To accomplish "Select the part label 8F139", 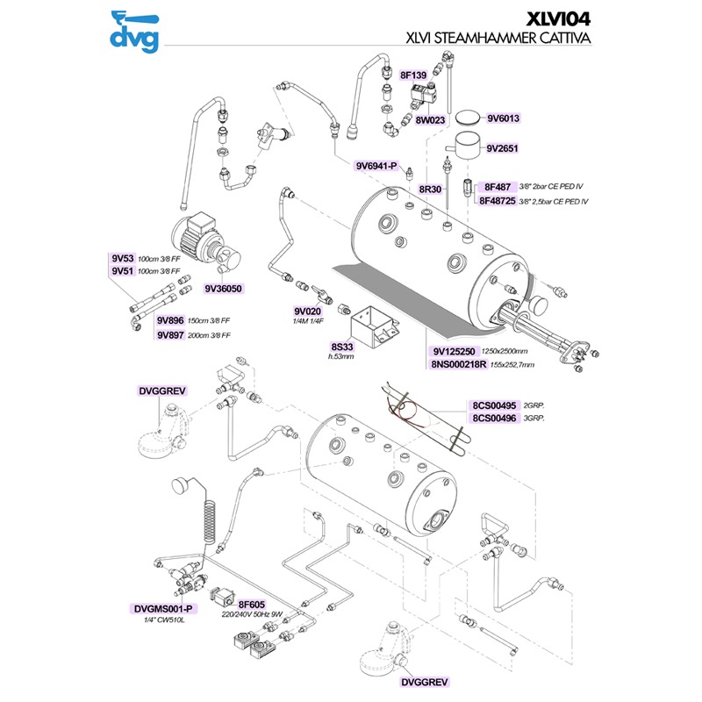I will point(412,76).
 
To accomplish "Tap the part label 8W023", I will point(432,118).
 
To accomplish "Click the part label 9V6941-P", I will point(377,166).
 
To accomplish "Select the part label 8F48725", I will point(498,201).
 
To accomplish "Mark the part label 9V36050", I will point(223,288).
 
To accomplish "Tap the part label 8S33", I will point(340,347).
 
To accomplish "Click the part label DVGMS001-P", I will point(163,609).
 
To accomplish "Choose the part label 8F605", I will point(252,605).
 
